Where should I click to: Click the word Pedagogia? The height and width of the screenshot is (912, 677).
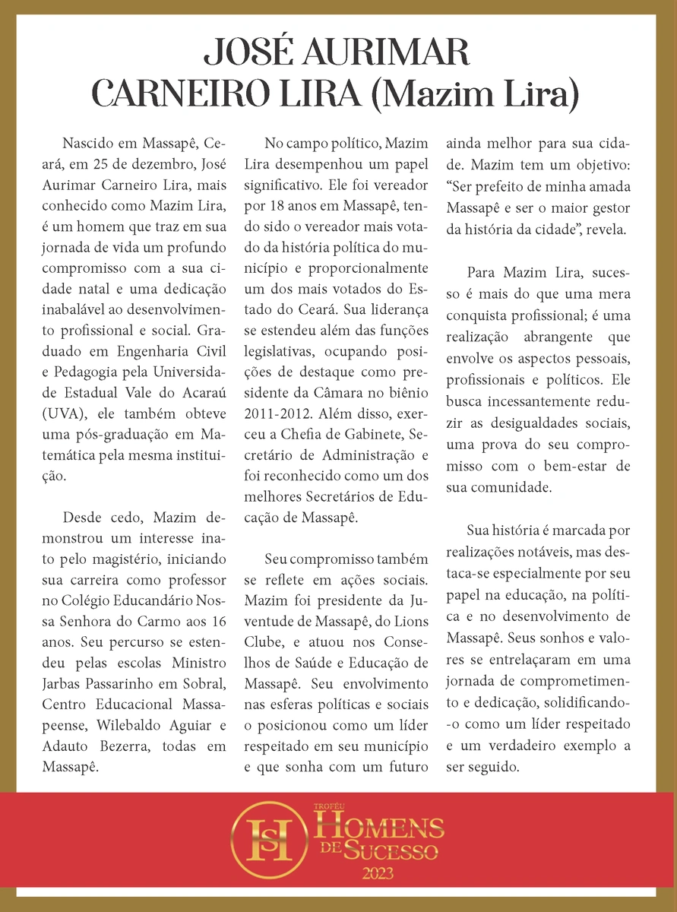[x=108, y=372]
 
